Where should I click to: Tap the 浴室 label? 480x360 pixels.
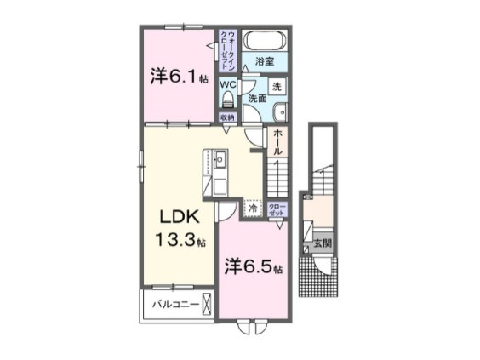pos(265,62)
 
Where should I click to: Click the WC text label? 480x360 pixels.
pos(227,84)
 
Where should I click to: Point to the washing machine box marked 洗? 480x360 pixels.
pos(277,86)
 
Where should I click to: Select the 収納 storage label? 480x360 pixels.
pos(227,118)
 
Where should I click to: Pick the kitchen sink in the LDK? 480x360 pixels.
pos(219,159)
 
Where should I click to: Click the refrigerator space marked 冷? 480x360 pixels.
pos(253,207)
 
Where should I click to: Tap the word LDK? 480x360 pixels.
pos(174,214)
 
